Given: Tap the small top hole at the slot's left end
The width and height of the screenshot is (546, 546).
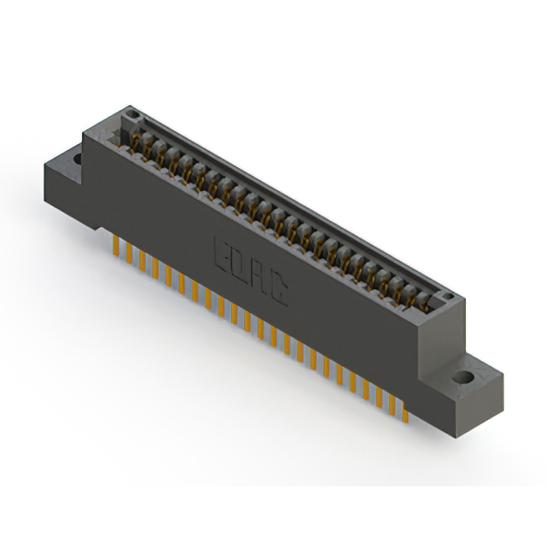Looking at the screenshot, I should click(130, 113).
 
